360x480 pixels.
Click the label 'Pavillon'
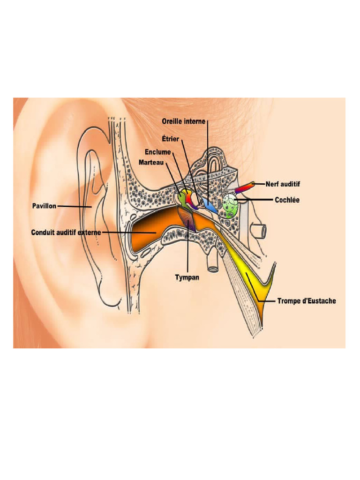click(44, 206)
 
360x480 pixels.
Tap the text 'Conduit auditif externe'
click(66, 232)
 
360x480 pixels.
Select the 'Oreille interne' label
click(183, 121)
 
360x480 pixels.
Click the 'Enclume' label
click(157, 152)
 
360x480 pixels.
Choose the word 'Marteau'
click(151, 162)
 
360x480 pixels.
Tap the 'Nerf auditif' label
click(283, 184)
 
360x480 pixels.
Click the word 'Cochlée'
click(287, 200)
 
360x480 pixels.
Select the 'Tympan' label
click(187, 277)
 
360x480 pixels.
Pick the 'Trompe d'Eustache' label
click(307, 301)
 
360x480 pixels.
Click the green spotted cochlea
click(230, 206)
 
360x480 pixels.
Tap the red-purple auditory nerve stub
click(244, 187)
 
